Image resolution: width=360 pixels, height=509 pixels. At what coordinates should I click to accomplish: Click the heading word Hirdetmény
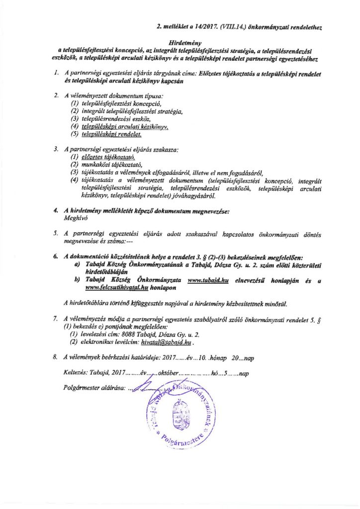pyautogui.click(x=180, y=43)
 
